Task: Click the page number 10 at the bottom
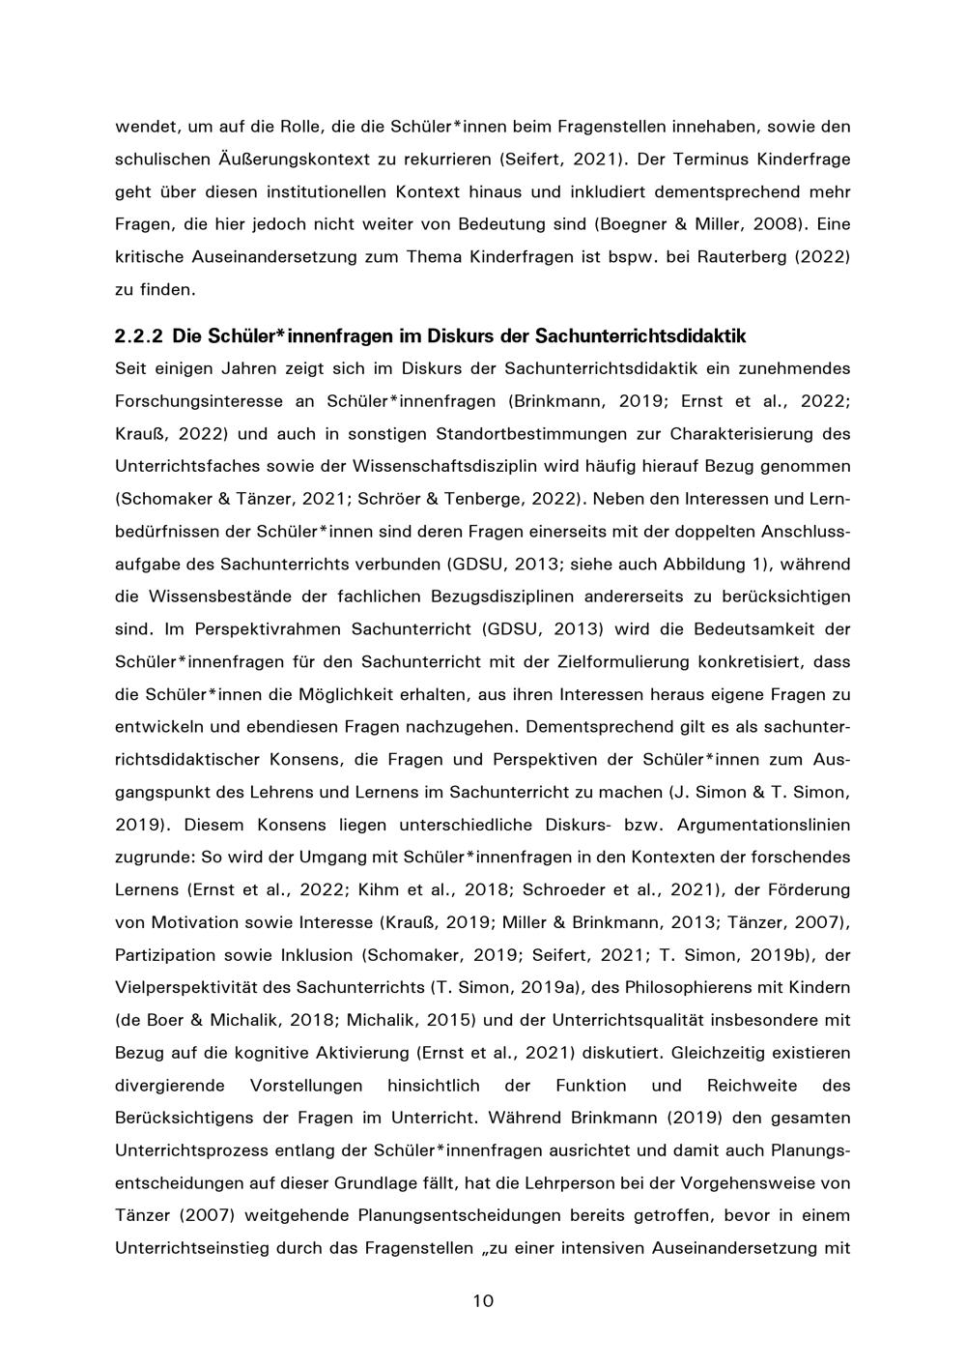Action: [483, 1300]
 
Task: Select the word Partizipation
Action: [165, 955]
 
